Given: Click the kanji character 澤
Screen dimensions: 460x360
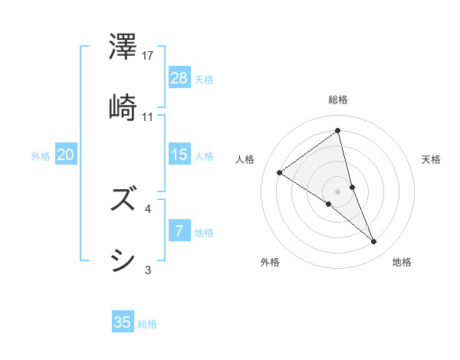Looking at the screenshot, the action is pyautogui.click(x=123, y=47).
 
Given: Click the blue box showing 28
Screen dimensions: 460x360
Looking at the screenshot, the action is pyautogui.click(x=179, y=77).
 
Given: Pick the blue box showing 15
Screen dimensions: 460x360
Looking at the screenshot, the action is pyautogui.click(x=179, y=155).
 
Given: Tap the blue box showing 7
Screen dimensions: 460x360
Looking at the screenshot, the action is pyautogui.click(x=179, y=231).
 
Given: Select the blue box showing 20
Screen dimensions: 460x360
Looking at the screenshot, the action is pyautogui.click(x=66, y=155).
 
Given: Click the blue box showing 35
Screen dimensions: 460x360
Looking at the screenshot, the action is pyautogui.click(x=123, y=322).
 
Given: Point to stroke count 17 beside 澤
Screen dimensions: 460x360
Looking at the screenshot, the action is pyautogui.click(x=149, y=56).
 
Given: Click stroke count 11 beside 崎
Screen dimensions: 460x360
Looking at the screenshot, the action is pyautogui.click(x=148, y=116).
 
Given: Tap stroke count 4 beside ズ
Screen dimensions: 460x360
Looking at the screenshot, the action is pyautogui.click(x=148, y=208).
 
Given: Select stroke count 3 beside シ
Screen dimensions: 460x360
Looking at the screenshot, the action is pyautogui.click(x=148, y=270).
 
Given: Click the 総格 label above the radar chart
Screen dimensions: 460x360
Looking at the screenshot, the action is pyautogui.click(x=338, y=100).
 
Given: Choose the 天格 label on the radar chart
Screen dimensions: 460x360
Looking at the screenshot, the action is pyautogui.click(x=432, y=159).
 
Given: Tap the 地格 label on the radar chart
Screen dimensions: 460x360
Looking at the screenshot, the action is pyautogui.click(x=402, y=262).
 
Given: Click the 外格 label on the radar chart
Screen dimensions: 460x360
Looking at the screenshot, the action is pyautogui.click(x=270, y=262).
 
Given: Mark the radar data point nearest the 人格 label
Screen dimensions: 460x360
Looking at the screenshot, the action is pyautogui.click(x=280, y=172).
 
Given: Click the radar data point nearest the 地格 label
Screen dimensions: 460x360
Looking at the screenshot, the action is pyautogui.click(x=374, y=242).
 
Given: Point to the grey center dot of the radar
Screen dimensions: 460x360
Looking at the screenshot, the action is pyautogui.click(x=338, y=191).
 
